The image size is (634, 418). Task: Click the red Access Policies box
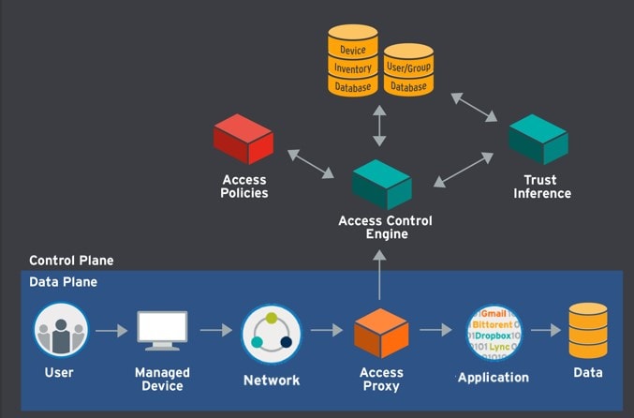(243, 139)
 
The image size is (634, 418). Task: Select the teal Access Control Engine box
(381, 183)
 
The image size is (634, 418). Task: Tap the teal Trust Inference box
(538, 140)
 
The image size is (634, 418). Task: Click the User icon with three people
(61, 330)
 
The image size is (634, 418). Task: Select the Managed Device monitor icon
(162, 331)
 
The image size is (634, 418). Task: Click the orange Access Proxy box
(381, 332)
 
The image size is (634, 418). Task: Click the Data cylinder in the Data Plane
(588, 331)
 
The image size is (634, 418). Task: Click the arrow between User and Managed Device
(111, 330)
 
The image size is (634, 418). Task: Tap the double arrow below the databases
(379, 126)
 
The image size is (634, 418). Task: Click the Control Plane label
(71, 261)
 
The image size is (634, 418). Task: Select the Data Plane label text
(63, 281)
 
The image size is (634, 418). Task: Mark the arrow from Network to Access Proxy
(328, 330)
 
